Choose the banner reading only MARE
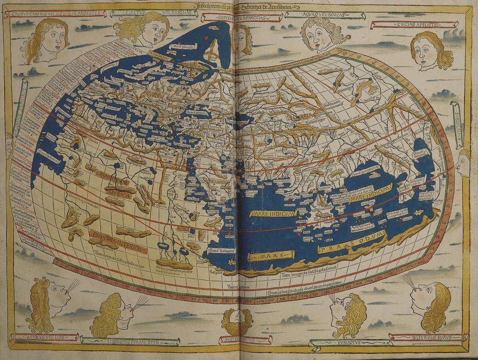(271, 256)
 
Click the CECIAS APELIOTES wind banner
(414, 24)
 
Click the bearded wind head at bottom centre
(237, 321)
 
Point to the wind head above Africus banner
(48, 303)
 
